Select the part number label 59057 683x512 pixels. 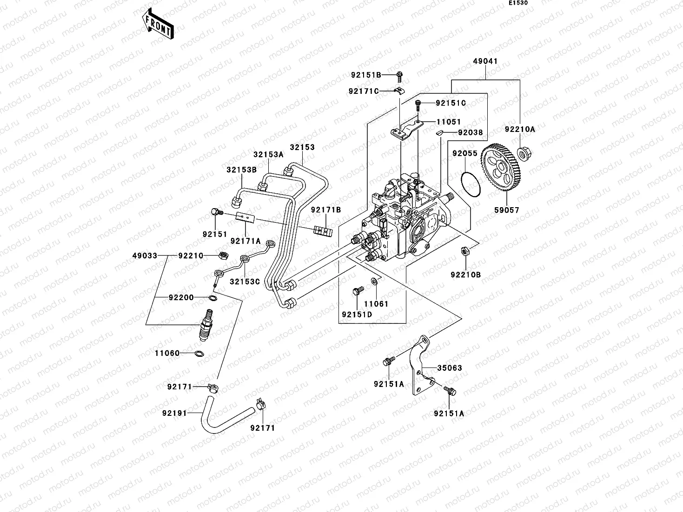tap(506, 210)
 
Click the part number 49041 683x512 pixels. tap(485, 61)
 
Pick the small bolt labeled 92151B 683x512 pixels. tap(399, 74)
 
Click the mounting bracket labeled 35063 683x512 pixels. tap(420, 367)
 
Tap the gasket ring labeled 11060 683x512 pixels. tap(199, 354)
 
